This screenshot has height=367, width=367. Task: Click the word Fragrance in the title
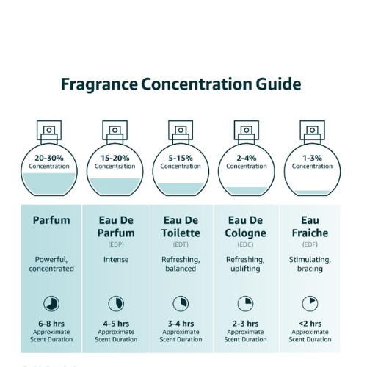(x=99, y=84)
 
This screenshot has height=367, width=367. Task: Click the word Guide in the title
(x=278, y=84)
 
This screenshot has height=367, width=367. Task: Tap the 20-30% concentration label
(x=49, y=158)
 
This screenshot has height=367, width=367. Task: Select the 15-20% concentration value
(x=115, y=158)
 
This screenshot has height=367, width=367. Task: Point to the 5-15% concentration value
(x=181, y=158)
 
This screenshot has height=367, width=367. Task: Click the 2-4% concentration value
(x=247, y=158)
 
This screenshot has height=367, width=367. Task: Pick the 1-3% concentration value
(x=312, y=158)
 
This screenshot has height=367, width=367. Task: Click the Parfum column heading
(x=51, y=220)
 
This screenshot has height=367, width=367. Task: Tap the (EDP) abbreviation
(x=116, y=244)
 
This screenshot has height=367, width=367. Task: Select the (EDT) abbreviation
(x=181, y=244)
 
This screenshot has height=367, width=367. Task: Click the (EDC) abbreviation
(x=245, y=244)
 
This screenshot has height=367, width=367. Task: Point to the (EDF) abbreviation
(x=310, y=244)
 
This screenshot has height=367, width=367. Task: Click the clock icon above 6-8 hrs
(x=51, y=304)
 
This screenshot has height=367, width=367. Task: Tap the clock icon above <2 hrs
(x=310, y=304)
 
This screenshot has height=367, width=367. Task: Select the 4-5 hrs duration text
(x=116, y=324)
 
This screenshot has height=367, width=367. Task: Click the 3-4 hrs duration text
(x=181, y=324)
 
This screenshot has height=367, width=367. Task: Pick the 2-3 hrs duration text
(x=245, y=324)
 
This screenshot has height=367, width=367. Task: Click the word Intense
(x=116, y=259)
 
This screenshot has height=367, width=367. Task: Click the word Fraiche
(x=310, y=233)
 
